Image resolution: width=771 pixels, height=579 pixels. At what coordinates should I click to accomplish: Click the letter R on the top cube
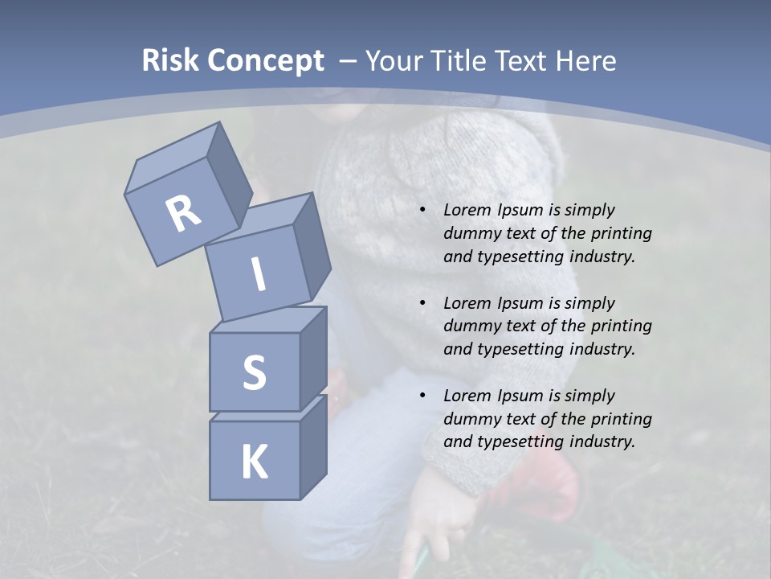(183, 214)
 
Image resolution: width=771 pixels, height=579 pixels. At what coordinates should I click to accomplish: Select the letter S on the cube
(254, 372)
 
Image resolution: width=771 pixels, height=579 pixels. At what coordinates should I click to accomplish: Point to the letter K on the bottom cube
(254, 462)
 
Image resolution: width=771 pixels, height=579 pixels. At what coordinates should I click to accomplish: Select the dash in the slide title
(349, 61)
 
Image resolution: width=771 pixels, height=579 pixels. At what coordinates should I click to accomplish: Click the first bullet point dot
(422, 211)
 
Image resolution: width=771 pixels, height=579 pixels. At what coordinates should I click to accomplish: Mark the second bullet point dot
(422, 304)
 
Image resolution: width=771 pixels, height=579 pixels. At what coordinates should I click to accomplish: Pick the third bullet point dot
(422, 396)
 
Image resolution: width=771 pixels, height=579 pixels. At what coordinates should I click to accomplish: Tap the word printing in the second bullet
(621, 326)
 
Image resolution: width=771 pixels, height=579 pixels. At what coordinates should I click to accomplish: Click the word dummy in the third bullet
(470, 419)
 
